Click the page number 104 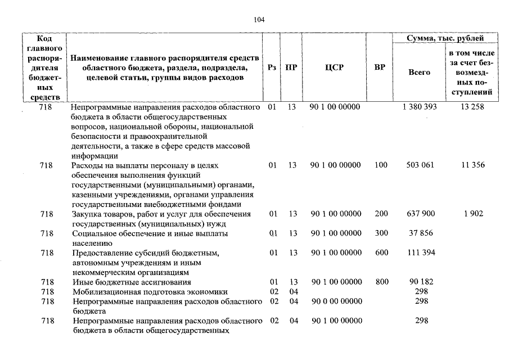pyautogui.click(x=259, y=19)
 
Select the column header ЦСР pyautogui.click(x=334, y=67)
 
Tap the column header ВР pyautogui.click(x=380, y=67)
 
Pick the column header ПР pyautogui.click(x=291, y=67)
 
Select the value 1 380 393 pyautogui.click(x=420, y=107)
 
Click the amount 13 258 pyautogui.click(x=471, y=107)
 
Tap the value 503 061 pyautogui.click(x=419, y=165)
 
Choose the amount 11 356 pyautogui.click(x=471, y=165)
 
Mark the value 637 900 pyautogui.click(x=419, y=214)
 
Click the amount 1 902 pyautogui.click(x=474, y=214)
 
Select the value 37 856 pyautogui.click(x=419, y=233)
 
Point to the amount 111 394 pyautogui.click(x=419, y=253)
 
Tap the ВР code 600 pyautogui.click(x=381, y=253)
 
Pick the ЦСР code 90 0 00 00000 pyautogui.click(x=336, y=301)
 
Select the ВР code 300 pyautogui.click(x=381, y=233)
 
